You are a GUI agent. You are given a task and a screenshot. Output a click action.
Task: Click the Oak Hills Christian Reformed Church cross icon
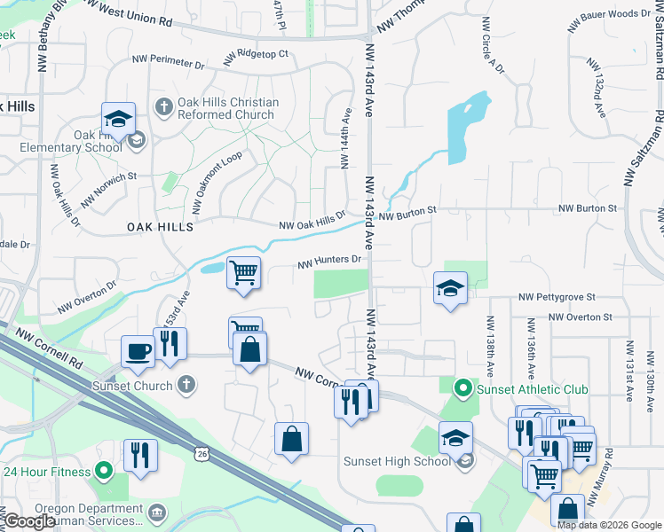162,108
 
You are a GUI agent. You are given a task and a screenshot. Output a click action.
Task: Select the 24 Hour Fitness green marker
104,471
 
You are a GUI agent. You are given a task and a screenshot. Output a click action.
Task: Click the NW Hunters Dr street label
330,262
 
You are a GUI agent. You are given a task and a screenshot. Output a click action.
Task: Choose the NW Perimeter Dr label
168,62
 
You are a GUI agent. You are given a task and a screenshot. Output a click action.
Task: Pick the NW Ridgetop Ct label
258,54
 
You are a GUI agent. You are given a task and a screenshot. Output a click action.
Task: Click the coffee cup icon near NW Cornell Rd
138,350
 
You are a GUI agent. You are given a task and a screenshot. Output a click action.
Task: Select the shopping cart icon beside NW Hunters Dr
243,272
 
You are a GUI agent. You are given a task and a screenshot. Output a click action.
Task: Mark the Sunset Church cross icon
185,385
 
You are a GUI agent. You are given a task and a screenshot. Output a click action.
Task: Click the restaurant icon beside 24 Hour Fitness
140,455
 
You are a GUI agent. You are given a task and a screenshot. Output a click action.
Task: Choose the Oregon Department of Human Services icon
157,512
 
